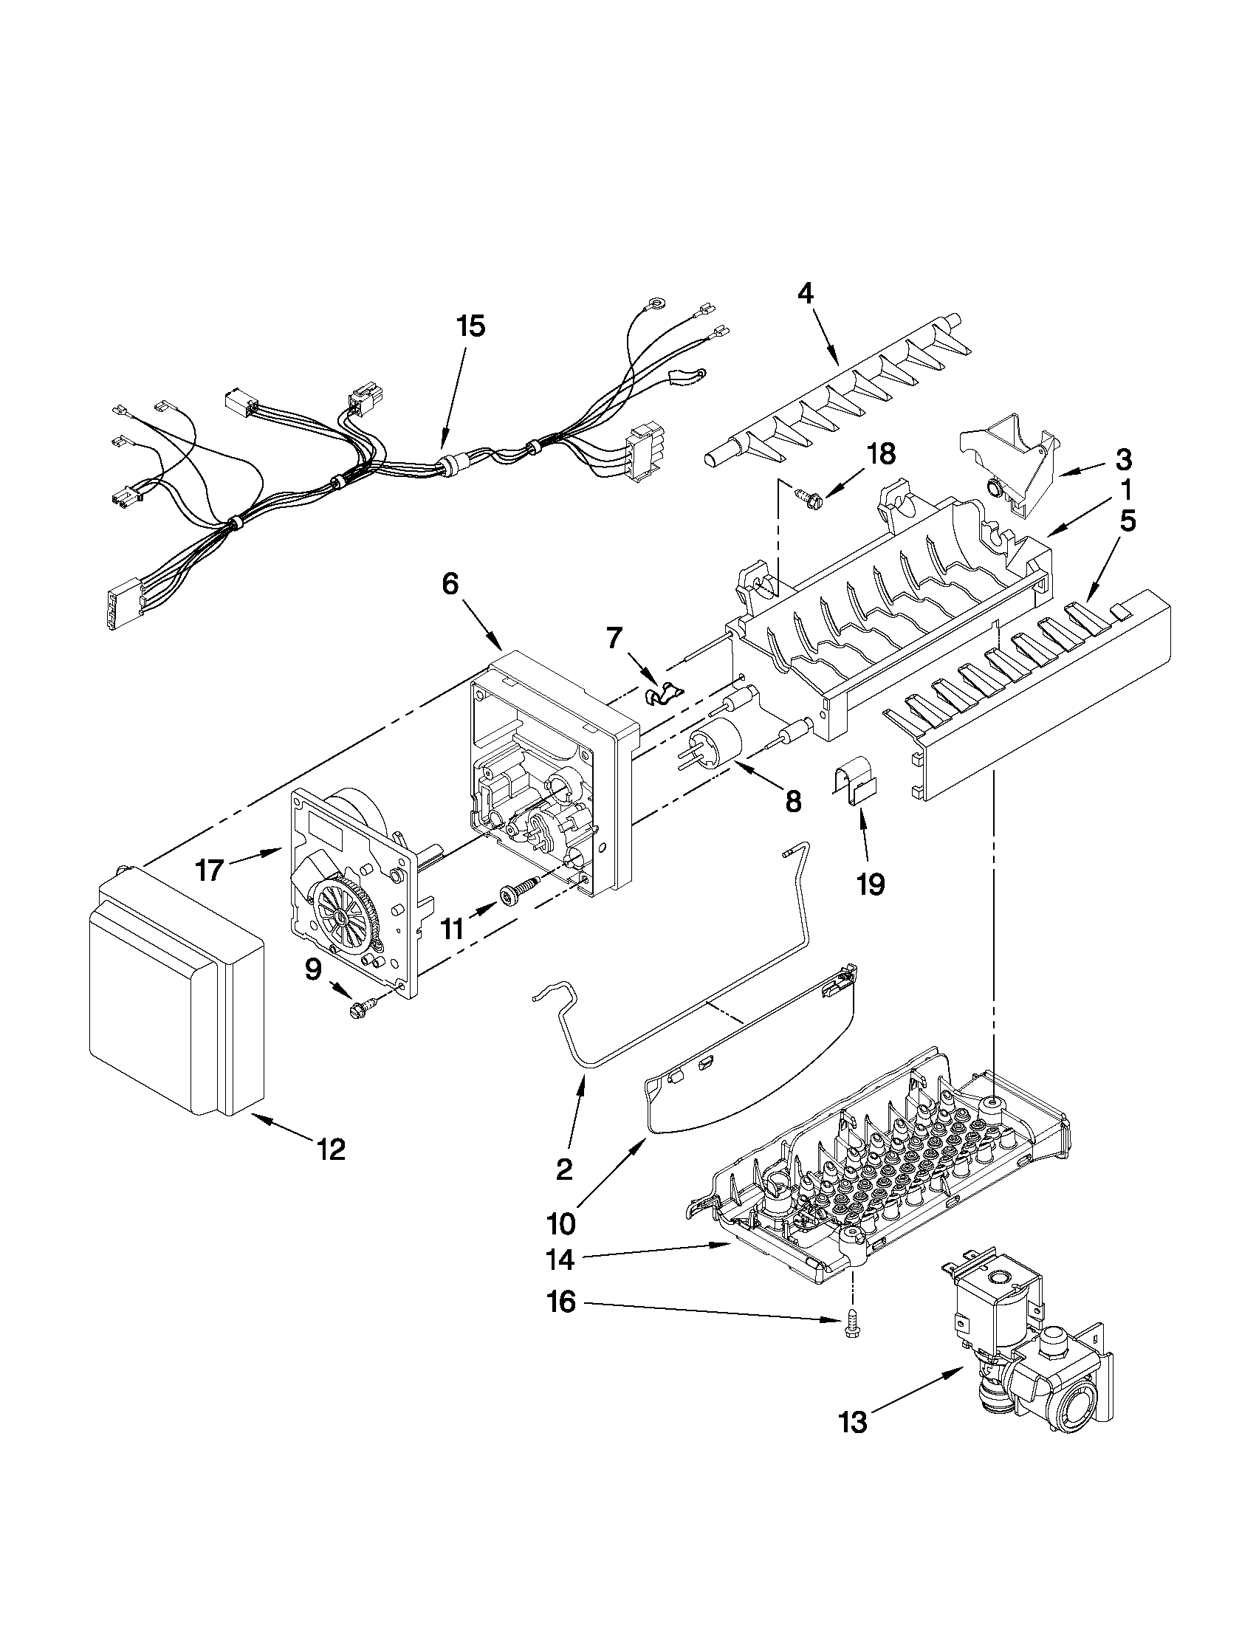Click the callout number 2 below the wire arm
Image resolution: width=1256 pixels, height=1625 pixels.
pyautogui.click(x=564, y=1170)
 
